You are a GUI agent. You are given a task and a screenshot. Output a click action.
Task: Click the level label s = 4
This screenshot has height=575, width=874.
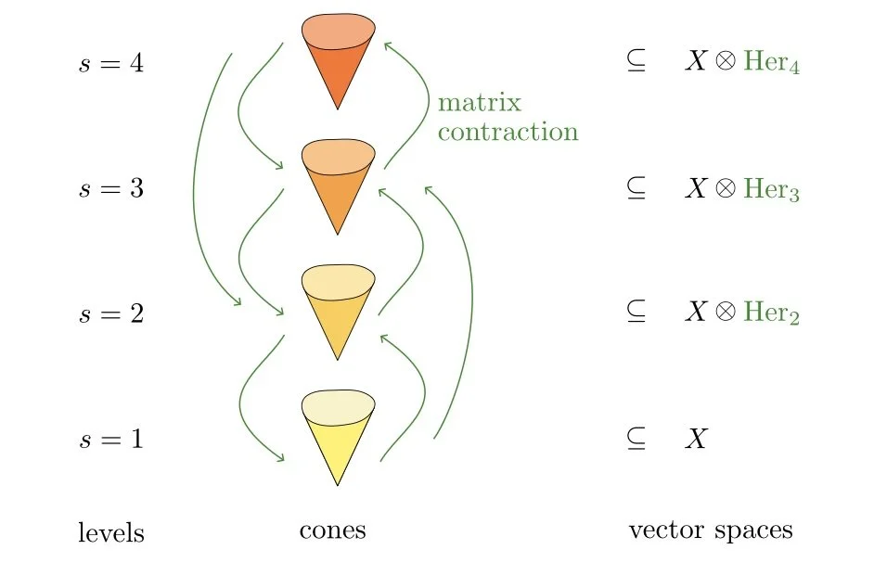click(110, 65)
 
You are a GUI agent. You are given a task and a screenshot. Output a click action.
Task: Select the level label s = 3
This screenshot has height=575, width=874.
click(110, 189)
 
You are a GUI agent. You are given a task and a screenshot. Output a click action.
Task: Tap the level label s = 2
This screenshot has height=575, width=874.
click(110, 313)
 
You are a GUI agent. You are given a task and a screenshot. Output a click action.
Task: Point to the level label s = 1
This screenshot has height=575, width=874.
click(110, 438)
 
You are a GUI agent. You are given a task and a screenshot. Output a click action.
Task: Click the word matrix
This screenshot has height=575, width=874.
click(480, 101)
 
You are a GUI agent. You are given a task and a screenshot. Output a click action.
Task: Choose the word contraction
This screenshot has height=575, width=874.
click(508, 132)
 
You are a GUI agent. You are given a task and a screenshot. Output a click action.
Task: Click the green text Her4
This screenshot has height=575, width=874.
click(771, 66)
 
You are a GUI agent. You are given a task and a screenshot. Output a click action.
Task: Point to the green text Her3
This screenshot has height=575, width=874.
click(771, 190)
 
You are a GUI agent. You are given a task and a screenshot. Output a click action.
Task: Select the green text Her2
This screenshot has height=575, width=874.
click(771, 314)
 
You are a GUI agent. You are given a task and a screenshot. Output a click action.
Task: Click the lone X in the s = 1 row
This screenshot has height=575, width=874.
click(696, 439)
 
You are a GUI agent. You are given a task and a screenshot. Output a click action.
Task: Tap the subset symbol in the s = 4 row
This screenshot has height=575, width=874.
click(636, 66)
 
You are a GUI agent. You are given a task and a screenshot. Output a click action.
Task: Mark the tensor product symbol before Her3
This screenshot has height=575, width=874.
click(726, 190)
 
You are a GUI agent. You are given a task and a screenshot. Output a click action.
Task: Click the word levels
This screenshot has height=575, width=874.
click(110, 533)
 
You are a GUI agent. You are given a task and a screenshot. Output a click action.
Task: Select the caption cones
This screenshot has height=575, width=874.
click(332, 530)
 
